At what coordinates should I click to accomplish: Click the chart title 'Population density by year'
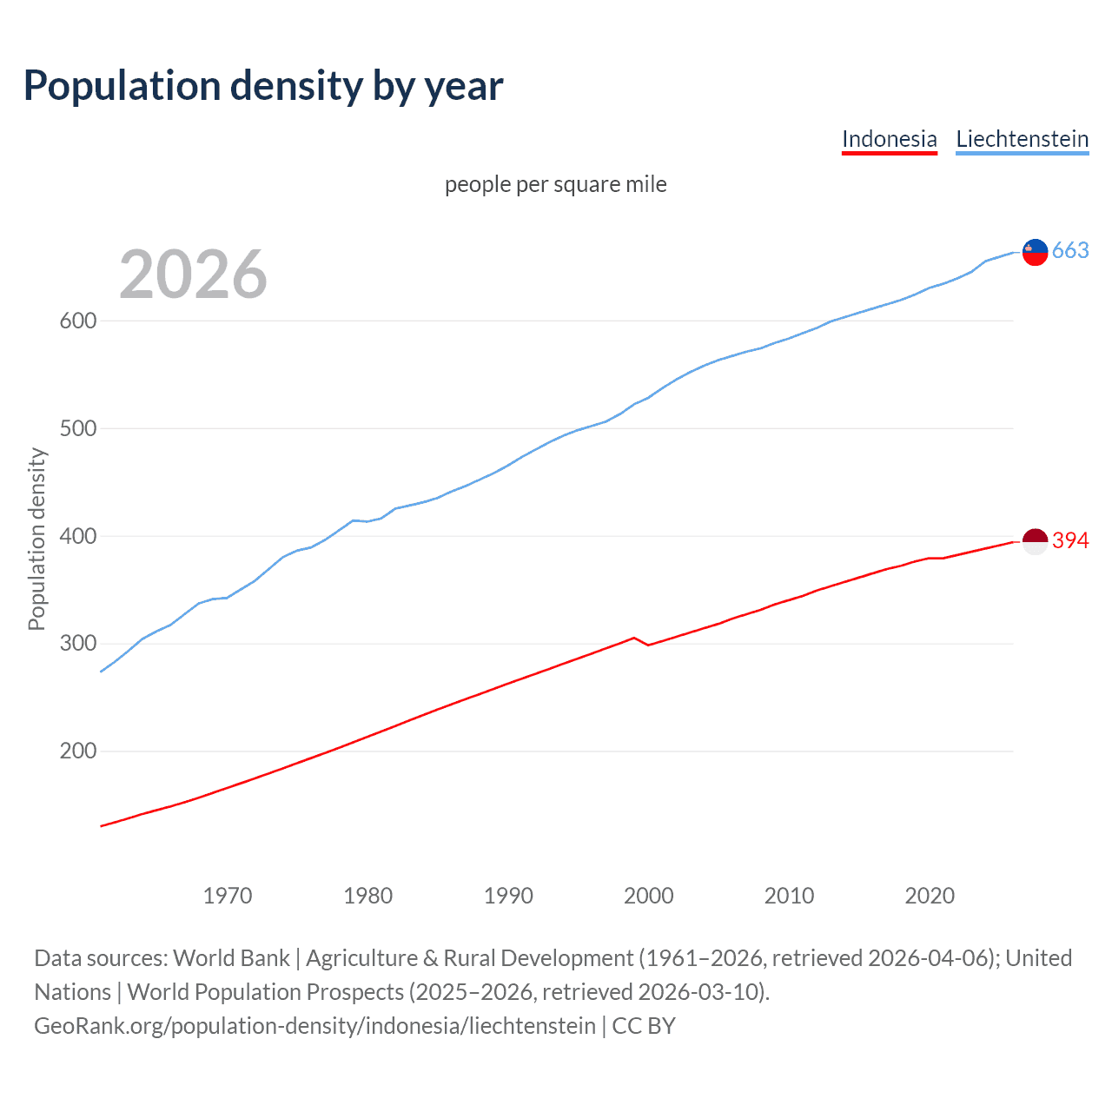pos(263,86)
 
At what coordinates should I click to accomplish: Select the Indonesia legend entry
pos(889,139)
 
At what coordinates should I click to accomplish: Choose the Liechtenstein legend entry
pos(1022,139)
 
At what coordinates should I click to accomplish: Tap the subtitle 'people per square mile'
pos(555,184)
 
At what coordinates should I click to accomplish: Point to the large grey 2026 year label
pos(193,275)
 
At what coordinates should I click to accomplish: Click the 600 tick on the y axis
pos(77,321)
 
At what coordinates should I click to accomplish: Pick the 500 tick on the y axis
pos(77,428)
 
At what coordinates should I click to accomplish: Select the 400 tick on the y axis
pos(77,536)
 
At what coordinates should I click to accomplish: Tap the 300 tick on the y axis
pos(77,644)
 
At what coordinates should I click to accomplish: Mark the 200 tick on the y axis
pos(77,751)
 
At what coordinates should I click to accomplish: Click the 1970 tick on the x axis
pos(228,896)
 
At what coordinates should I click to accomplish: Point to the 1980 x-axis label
pos(368,896)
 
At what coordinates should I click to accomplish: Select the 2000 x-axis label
pos(649,896)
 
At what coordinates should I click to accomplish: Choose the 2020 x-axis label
pos(930,896)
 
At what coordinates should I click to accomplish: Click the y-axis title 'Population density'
pos(36,539)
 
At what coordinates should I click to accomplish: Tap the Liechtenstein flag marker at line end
pos(1035,252)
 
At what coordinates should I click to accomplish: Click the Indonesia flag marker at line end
pos(1035,541)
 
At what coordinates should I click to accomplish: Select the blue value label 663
pos(1070,251)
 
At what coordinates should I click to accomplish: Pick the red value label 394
pos(1070,540)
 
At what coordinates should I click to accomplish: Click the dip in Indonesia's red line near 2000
pos(648,645)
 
